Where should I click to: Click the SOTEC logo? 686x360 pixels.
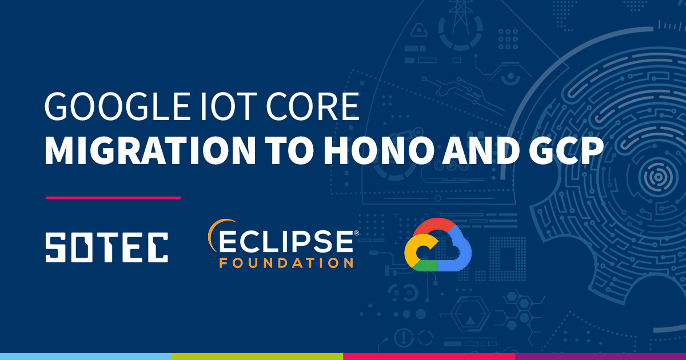coord(106,247)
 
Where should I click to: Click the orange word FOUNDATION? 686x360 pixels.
coord(286,263)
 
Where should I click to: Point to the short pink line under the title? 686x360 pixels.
coord(113,198)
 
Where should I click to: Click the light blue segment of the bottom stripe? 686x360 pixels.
coord(86,356)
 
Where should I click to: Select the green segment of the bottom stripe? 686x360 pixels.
coord(257,356)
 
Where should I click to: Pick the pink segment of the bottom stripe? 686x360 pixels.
coord(429,356)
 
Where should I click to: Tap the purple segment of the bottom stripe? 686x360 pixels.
coord(600,356)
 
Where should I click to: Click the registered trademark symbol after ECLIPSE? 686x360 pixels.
coord(357,233)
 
